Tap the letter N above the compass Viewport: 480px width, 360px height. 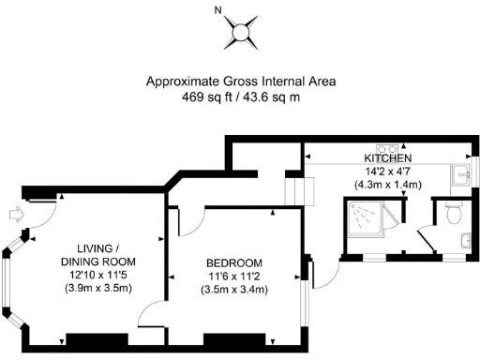pyautogui.click(x=217, y=11)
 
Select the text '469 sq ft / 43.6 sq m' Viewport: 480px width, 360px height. pyautogui.click(x=240, y=97)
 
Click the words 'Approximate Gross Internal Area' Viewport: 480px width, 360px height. pyautogui.click(x=240, y=82)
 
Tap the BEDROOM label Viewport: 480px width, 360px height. pyautogui.click(x=234, y=262)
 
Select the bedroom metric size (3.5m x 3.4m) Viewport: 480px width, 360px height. pyautogui.click(x=234, y=290)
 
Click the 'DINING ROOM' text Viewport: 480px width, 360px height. pyautogui.click(x=98, y=260)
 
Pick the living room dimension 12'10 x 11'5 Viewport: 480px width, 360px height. pyautogui.click(x=98, y=274)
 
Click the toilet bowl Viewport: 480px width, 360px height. pyautogui.click(x=455, y=214)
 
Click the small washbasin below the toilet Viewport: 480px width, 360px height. pyautogui.click(x=466, y=242)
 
